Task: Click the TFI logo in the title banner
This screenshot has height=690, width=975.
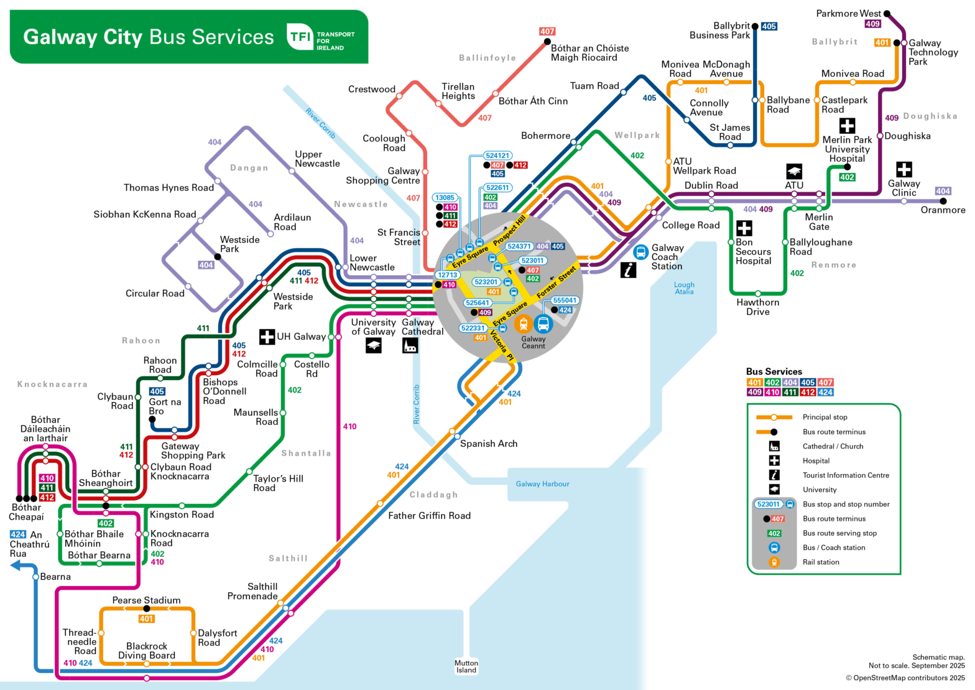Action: coord(300,37)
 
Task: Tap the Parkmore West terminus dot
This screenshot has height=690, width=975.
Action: coord(887,14)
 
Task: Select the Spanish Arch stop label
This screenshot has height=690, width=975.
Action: coord(488,444)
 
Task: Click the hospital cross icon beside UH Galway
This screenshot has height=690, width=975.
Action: coord(267,337)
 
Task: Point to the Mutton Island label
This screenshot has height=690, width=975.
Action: coord(466,666)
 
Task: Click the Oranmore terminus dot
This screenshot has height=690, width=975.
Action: coord(943,201)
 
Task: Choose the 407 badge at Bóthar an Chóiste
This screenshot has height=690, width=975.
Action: coord(547,31)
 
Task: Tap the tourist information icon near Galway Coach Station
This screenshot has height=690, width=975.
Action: coord(629,269)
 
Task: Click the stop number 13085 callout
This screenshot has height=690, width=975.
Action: coord(445,198)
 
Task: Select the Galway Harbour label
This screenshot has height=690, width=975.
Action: coord(542,483)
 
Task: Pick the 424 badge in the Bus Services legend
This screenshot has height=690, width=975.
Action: coord(825,392)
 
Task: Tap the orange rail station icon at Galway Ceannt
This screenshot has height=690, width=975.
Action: coord(524,324)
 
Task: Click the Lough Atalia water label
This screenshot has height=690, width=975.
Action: coord(684,288)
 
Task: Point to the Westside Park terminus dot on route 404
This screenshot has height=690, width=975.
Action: coord(218,257)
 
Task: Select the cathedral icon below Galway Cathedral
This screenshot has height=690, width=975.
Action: coord(410,345)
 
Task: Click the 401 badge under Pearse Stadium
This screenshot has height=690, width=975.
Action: coord(146,618)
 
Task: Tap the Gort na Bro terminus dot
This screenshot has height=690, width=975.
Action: coord(152,419)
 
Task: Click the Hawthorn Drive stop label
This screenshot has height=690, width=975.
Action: coord(757,307)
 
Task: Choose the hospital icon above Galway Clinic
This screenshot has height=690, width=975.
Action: coord(903,169)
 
